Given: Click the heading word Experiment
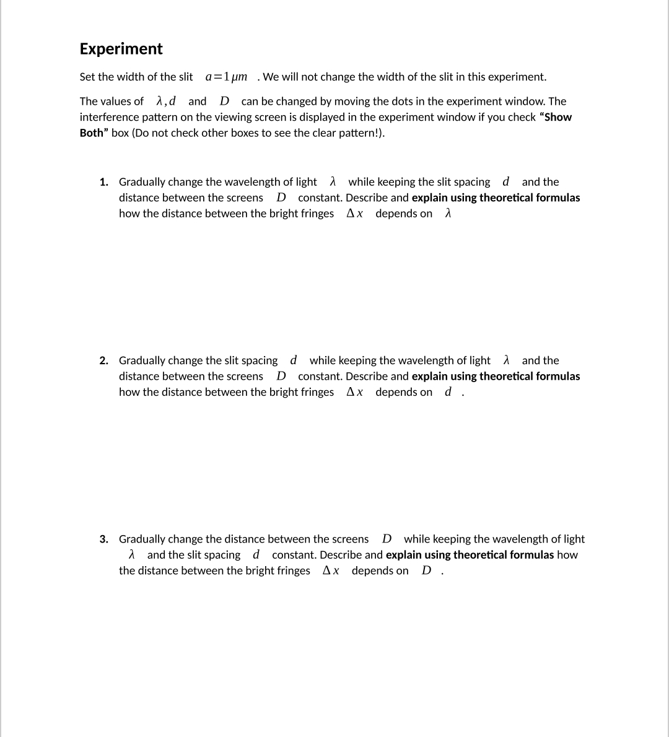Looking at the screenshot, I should pyautogui.click(x=121, y=49).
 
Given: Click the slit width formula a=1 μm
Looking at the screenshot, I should pyautogui.click(x=226, y=77).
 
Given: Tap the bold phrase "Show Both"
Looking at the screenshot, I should pyautogui.click(x=326, y=124).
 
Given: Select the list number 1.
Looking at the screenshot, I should pyautogui.click(x=104, y=182).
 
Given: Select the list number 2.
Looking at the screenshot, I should pyautogui.click(x=104, y=360).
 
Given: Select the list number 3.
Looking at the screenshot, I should pyautogui.click(x=104, y=539).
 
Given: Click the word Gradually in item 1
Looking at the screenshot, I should pyautogui.click(x=142, y=182).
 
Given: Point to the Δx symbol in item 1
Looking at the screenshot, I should pyautogui.click(x=354, y=214).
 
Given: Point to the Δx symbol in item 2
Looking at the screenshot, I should pyautogui.click(x=354, y=392).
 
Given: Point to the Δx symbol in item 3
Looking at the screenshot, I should pyautogui.click(x=331, y=571).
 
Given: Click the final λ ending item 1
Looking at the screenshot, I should pyautogui.click(x=448, y=214).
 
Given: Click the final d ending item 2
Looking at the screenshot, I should pyautogui.click(x=448, y=392).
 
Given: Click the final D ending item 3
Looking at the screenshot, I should pyautogui.click(x=426, y=571).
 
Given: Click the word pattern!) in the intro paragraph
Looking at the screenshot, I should pyautogui.click(x=362, y=133).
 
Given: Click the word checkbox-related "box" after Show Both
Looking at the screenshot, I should pyautogui.click(x=120, y=133).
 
